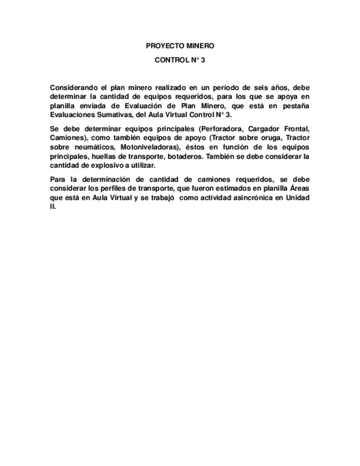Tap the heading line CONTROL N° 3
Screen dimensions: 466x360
click(180, 60)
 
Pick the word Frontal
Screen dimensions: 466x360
click(296, 130)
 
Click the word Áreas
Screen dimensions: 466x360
click(300, 190)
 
